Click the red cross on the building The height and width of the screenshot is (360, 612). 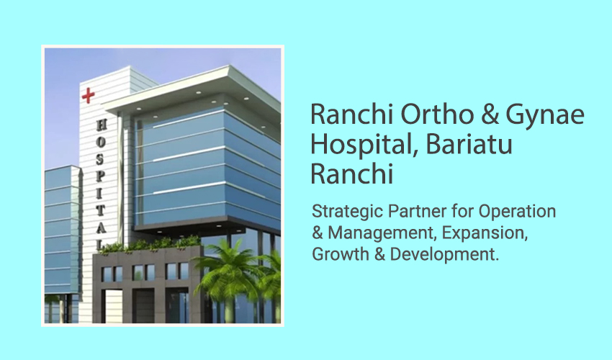89,96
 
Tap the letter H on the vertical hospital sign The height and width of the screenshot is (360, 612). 101,125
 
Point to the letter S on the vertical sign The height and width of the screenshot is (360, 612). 101,158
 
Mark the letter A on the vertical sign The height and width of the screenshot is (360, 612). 101,228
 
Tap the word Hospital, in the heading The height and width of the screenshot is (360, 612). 364,145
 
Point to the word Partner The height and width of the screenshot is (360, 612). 417,211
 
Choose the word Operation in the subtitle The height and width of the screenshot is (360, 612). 517,212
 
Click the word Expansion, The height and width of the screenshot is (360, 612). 485,233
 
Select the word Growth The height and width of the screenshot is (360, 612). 341,254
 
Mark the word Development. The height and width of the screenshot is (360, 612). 444,255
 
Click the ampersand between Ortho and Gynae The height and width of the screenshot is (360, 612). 490,114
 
